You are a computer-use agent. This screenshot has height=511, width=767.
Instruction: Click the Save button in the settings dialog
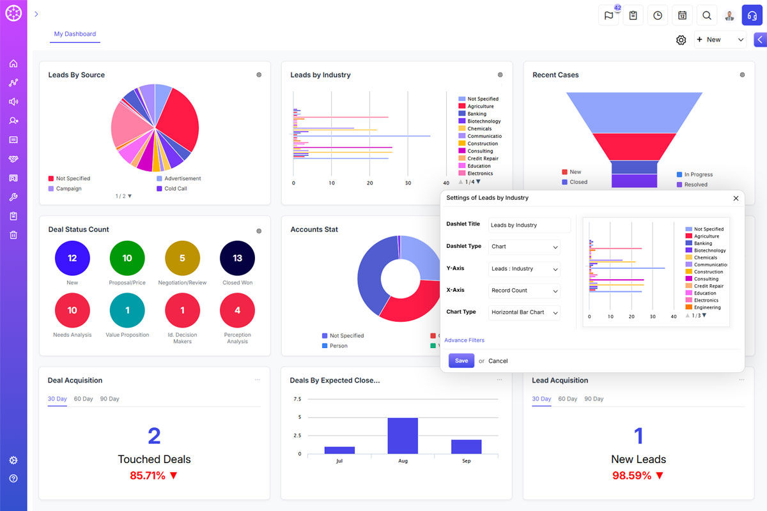point(461,361)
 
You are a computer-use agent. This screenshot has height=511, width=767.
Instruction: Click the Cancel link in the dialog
point(498,361)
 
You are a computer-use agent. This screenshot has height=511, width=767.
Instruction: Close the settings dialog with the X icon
point(736,198)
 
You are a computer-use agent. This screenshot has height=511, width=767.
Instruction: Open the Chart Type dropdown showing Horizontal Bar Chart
point(524,312)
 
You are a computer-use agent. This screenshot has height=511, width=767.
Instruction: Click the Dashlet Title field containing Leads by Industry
point(529,225)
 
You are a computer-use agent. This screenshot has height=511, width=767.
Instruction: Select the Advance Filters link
point(464,340)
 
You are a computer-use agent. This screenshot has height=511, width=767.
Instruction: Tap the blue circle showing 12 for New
point(72,258)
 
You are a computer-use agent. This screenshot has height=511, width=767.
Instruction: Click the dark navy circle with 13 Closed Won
point(237,258)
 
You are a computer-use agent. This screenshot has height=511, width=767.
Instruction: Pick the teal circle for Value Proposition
point(127,310)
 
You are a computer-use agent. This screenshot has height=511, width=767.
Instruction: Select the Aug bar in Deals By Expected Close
point(403,436)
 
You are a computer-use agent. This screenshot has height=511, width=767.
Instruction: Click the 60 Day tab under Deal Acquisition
point(83,399)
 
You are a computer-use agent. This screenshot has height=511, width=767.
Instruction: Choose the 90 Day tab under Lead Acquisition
point(594,399)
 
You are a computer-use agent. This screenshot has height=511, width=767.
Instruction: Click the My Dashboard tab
point(75,34)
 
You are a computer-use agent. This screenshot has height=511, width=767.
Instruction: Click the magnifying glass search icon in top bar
point(706,15)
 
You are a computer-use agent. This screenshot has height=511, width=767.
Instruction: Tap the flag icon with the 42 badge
point(608,15)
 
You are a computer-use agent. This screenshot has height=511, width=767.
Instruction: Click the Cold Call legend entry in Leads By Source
point(174,188)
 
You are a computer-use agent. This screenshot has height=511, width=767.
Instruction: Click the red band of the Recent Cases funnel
point(634,146)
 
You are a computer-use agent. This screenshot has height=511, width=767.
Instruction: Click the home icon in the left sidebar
point(13,64)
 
